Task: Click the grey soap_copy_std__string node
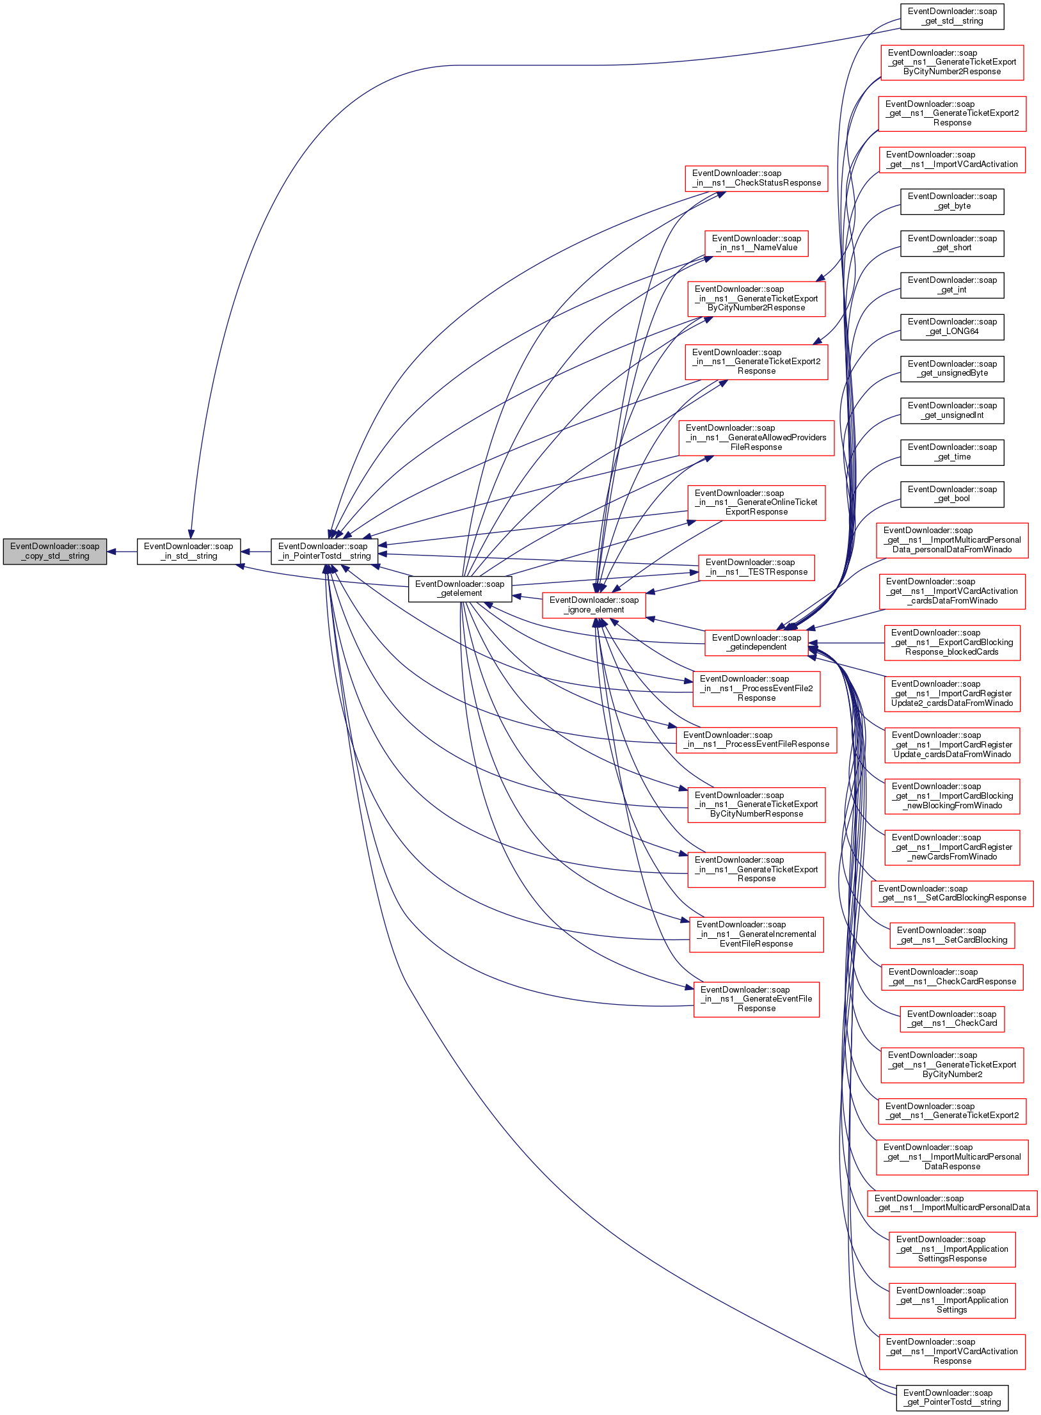click(55, 552)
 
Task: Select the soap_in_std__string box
click(189, 552)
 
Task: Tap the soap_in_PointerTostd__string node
click(324, 552)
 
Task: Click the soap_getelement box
click(460, 589)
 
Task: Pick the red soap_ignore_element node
click(594, 605)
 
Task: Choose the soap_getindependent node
click(756, 643)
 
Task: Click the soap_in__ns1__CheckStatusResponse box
click(756, 179)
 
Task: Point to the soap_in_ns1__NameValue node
click(756, 244)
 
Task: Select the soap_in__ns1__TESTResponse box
click(756, 568)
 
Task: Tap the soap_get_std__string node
click(952, 17)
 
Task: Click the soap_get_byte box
click(952, 202)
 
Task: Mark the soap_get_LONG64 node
click(952, 327)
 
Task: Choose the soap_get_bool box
click(952, 494)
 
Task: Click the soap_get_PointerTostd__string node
click(952, 1398)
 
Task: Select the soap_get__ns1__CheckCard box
click(952, 1019)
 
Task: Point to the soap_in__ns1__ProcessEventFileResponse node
click(756, 740)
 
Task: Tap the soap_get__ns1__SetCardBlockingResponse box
click(952, 893)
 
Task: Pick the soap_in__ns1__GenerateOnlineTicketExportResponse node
click(756, 503)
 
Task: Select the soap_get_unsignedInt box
click(952, 411)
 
